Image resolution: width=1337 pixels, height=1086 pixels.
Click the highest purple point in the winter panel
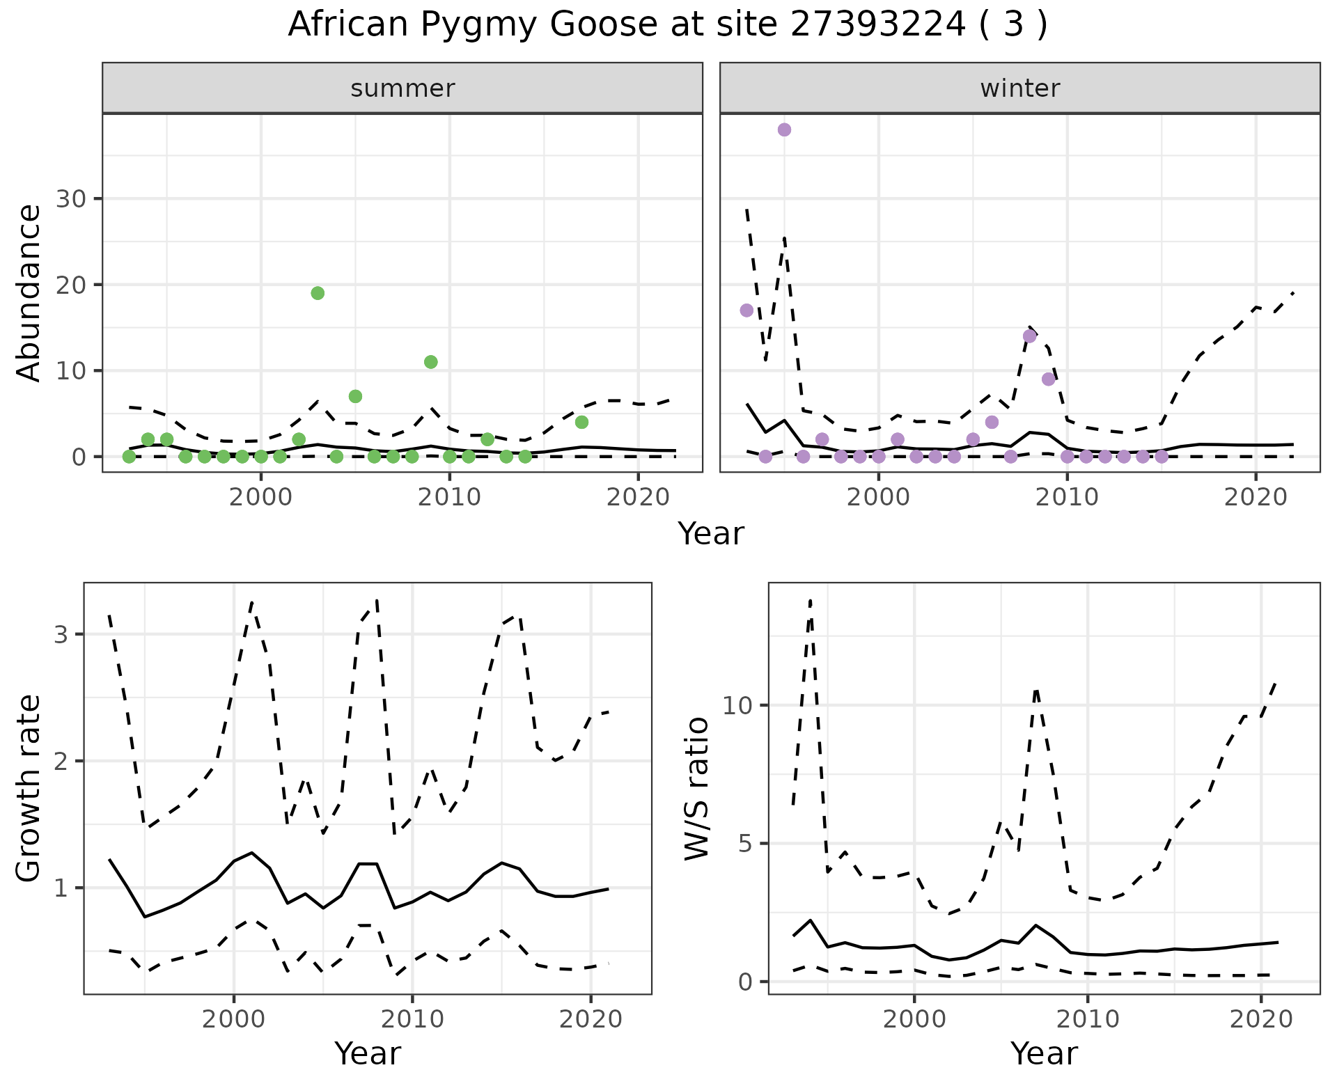click(784, 130)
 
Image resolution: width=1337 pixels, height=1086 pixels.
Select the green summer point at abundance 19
click(318, 293)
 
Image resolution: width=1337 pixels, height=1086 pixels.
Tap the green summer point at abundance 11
click(431, 362)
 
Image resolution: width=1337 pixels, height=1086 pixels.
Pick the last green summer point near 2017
click(582, 423)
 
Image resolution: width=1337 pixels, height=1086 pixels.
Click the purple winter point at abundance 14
click(1030, 336)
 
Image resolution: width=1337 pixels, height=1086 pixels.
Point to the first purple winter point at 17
click(746, 310)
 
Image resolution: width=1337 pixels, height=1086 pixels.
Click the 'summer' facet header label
click(402, 88)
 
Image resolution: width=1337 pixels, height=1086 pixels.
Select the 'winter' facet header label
click(1020, 88)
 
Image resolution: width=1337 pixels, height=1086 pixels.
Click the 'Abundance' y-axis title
click(29, 292)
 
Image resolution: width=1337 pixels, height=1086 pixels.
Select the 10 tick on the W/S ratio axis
click(737, 705)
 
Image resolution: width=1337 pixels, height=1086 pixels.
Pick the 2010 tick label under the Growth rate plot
click(412, 1019)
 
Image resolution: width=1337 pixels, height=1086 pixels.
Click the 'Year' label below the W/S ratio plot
click(1044, 1054)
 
